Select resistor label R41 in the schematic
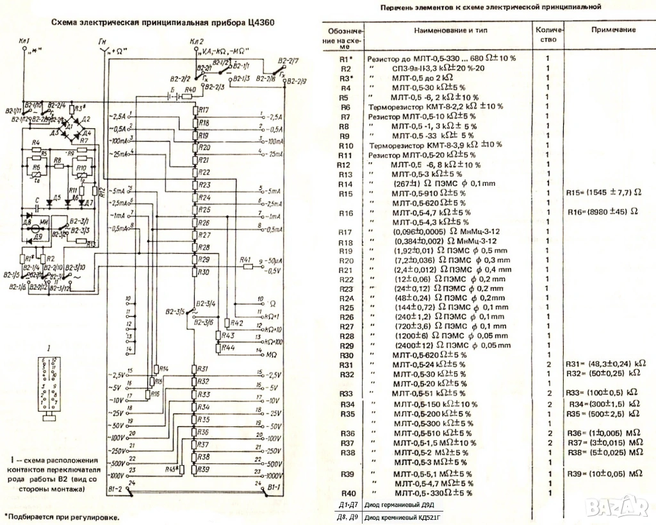click(245, 260)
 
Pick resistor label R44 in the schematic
click(227, 347)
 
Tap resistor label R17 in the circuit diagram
click(204, 110)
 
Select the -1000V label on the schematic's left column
click(117, 476)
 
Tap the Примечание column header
click(613, 30)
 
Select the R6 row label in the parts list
click(345, 107)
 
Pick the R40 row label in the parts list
click(347, 493)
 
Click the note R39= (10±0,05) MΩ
click(604, 473)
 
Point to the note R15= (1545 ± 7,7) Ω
click(603, 193)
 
